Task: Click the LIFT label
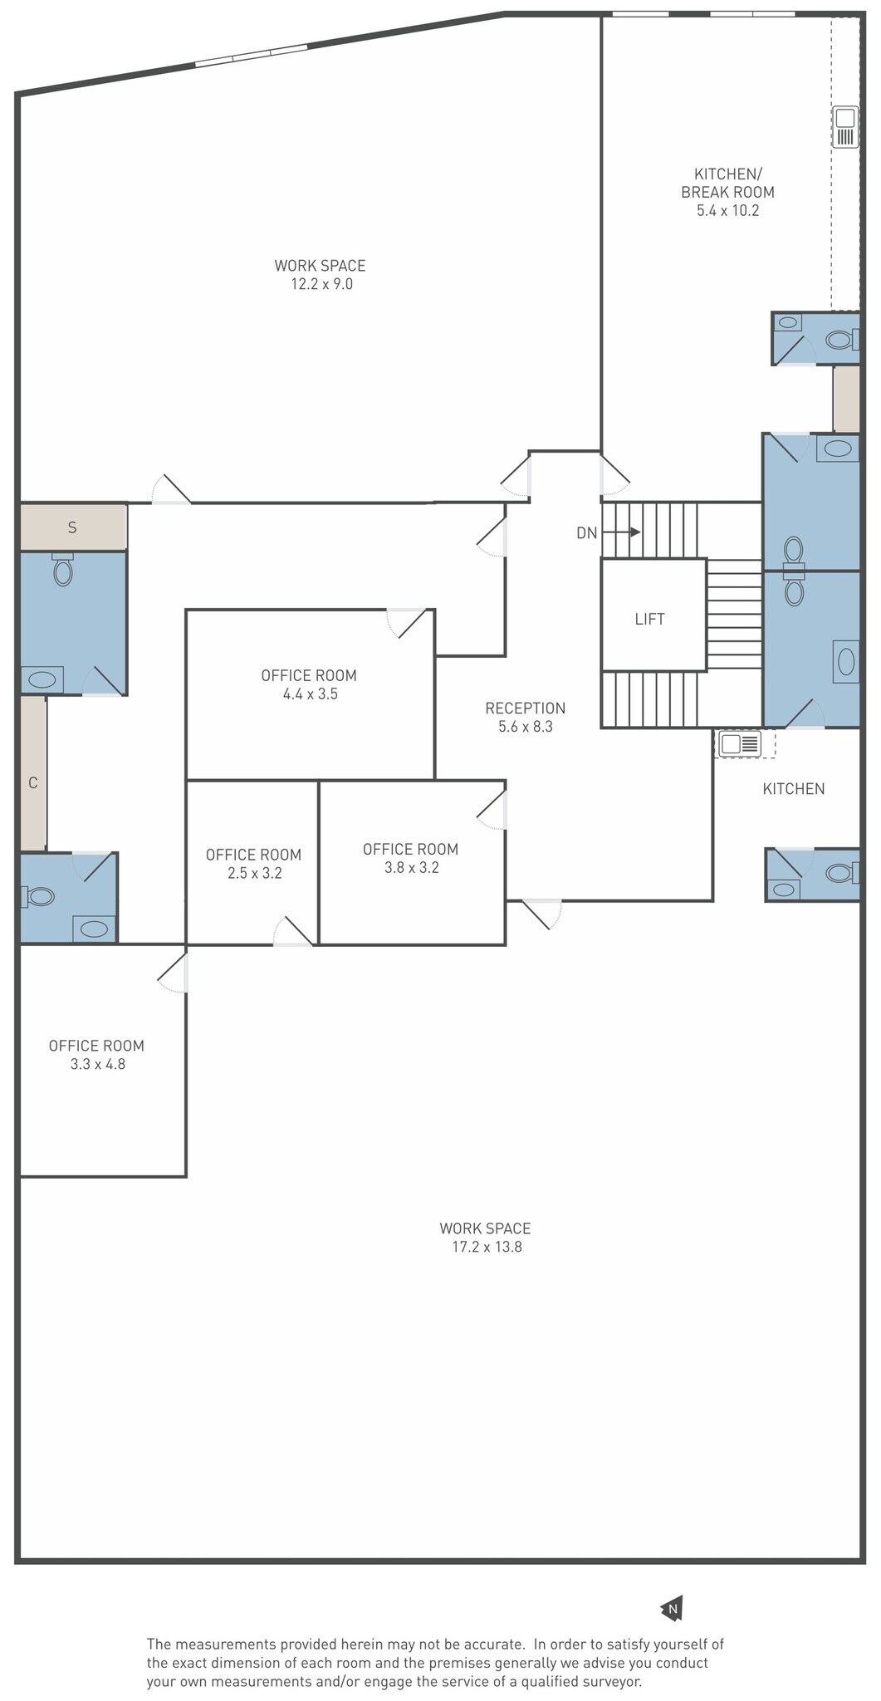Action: [x=649, y=619]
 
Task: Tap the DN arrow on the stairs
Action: [x=622, y=532]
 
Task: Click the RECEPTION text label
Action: [x=526, y=708]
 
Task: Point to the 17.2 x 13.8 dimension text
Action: [x=487, y=1247]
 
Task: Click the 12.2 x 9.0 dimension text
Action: [x=321, y=284]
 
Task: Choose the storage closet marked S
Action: [x=73, y=527]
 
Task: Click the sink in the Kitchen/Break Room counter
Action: [x=845, y=126]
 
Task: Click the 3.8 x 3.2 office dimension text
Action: [x=412, y=868]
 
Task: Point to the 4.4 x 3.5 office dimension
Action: [x=310, y=694]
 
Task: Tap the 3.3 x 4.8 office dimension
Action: [x=98, y=1064]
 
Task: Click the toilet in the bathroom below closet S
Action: [x=63, y=569]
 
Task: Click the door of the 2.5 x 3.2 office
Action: [x=293, y=932]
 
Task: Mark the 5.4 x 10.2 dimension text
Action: [x=728, y=210]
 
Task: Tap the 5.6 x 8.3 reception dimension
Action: [x=526, y=727]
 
